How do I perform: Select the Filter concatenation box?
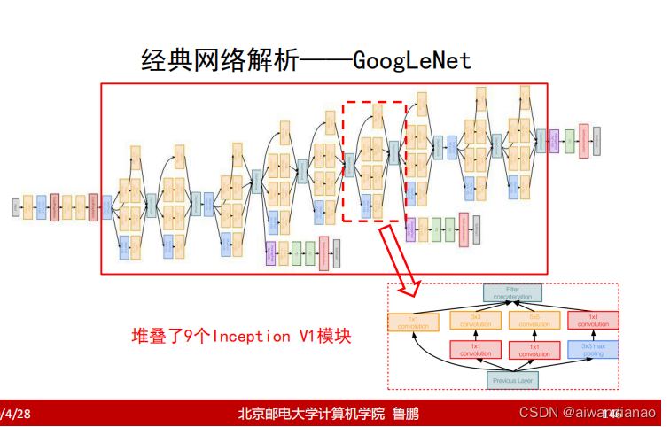512,292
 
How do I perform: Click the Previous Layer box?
512,380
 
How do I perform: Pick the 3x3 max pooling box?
593,349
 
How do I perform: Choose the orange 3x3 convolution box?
476,320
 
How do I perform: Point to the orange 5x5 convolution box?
534,320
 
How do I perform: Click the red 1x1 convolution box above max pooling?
593,320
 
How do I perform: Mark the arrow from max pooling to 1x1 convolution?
593,335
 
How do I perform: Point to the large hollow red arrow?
399,260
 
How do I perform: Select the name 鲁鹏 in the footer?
406,414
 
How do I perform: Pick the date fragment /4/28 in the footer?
16,414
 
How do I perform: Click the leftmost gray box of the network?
15,206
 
